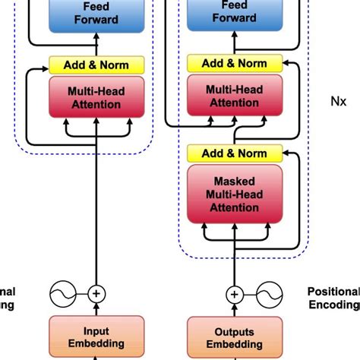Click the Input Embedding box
click(96, 336)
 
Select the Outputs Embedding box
click(235, 336)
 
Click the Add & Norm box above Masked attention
click(235, 153)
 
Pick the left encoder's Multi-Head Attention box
click(96, 97)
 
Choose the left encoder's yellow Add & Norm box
click(96, 65)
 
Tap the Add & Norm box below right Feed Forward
click(235, 64)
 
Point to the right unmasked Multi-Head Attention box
click(235, 96)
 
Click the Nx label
click(339, 99)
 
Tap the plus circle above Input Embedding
click(96, 293)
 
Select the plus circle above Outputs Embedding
click(235, 293)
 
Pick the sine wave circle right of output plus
click(267, 293)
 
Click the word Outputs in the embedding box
click(235, 331)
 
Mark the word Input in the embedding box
click(96, 331)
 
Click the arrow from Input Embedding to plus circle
click(96, 309)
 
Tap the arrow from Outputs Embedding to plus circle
click(235, 309)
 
